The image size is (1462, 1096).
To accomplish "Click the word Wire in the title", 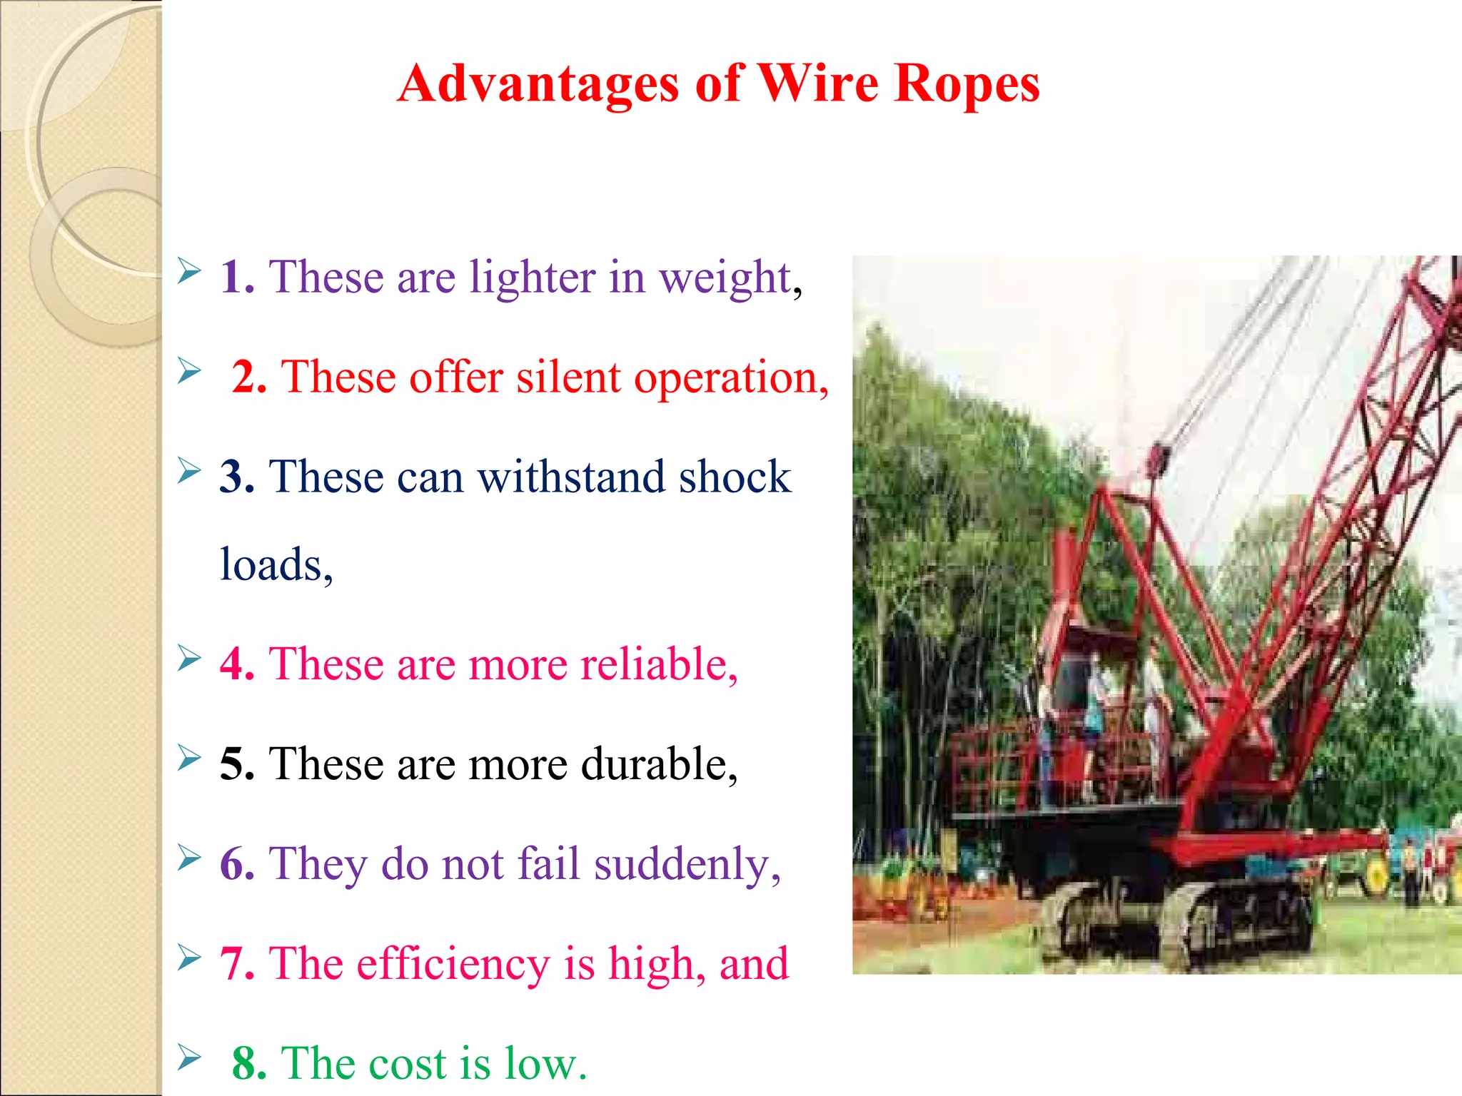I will click(x=817, y=83).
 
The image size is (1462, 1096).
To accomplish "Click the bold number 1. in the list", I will click(x=237, y=277).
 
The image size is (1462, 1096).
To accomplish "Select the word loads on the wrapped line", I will click(x=271, y=565).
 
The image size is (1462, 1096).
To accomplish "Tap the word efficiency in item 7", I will click(x=453, y=965).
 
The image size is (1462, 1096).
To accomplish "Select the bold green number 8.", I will click(x=249, y=1064).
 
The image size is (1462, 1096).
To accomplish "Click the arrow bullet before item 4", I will click(x=189, y=658).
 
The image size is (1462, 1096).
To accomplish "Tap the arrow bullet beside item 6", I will click(x=189, y=858).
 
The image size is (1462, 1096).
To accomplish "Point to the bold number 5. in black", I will click(x=237, y=764).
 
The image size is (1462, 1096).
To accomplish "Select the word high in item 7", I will click(x=650, y=965).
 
